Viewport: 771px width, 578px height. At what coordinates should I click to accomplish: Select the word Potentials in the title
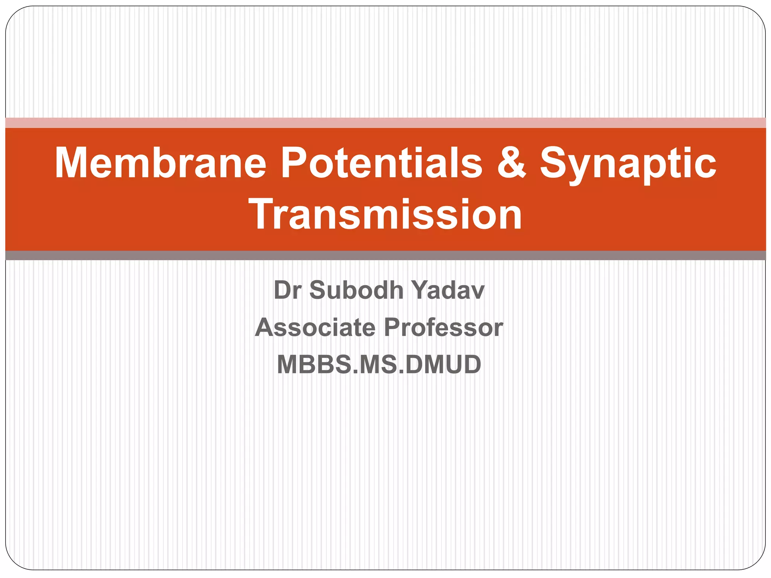pos(381,163)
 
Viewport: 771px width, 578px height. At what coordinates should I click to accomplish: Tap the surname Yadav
pos(448,290)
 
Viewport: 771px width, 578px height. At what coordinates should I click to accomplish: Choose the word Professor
pos(443,327)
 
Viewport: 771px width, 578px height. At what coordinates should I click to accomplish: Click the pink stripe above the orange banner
pos(385,123)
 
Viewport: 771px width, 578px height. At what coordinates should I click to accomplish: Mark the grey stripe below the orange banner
pos(385,256)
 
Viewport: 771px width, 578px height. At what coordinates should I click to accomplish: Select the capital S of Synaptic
pos(553,163)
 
